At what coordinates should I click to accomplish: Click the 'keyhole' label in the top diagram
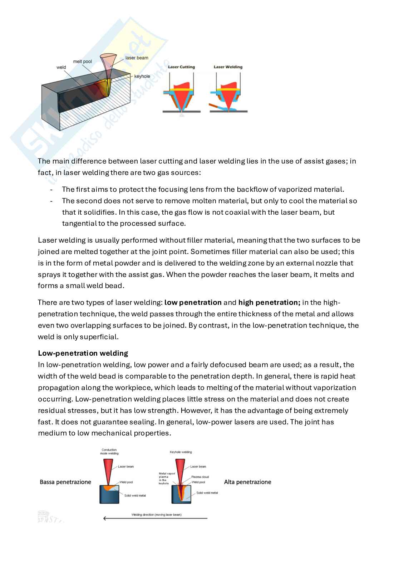tap(142, 76)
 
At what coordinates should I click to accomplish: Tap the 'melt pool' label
tap(82, 62)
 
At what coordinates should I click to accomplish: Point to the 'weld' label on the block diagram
tap(61, 67)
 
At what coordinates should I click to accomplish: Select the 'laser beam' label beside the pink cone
tap(137, 58)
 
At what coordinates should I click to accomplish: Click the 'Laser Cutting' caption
tap(181, 67)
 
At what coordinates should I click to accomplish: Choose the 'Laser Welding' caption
tap(228, 67)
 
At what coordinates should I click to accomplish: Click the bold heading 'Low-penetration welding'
tap(83, 353)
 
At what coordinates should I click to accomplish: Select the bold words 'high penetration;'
tap(269, 302)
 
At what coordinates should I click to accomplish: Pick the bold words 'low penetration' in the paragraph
tap(193, 302)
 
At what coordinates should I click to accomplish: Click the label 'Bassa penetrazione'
tap(65, 482)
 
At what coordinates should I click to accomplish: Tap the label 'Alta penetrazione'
tap(247, 482)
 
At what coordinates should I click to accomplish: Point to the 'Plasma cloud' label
tap(200, 477)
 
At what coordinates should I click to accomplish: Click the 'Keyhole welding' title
tap(181, 452)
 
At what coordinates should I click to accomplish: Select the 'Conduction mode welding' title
tap(109, 452)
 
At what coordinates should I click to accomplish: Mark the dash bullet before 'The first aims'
tap(52, 190)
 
